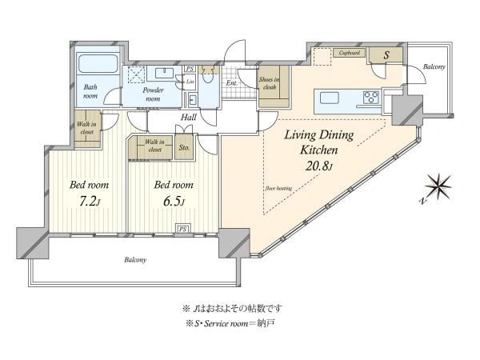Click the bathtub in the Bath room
[x=97, y=64]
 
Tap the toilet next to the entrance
[x=208, y=75]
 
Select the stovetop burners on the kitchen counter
[x=371, y=98]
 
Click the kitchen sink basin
[x=330, y=98]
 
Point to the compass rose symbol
[x=438, y=186]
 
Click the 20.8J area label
[x=318, y=166]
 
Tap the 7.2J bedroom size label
[x=89, y=202]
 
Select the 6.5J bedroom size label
[x=174, y=202]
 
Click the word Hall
[x=188, y=118]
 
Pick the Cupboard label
[x=350, y=53]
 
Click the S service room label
[x=386, y=55]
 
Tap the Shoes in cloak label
[x=269, y=83]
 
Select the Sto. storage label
[x=184, y=147]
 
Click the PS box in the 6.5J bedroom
[x=182, y=229]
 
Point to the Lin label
[x=190, y=82]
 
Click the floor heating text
[x=278, y=189]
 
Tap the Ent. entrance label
[x=231, y=82]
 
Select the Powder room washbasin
[x=164, y=73]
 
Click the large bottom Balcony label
[x=135, y=260]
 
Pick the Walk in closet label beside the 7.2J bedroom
[x=86, y=128]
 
